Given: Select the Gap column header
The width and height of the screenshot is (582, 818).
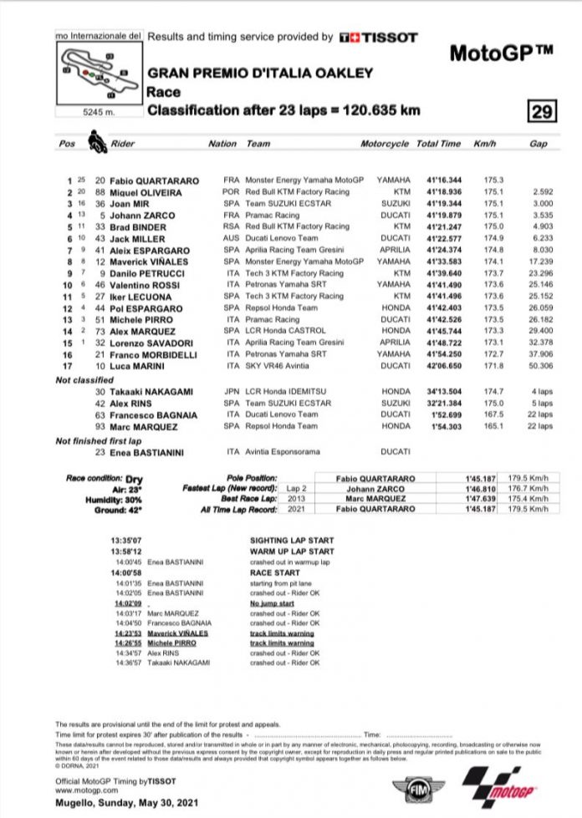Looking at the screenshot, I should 539,144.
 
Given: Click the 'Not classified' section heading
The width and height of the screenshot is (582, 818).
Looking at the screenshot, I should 85,380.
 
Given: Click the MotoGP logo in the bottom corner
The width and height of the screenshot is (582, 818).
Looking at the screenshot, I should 495,789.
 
